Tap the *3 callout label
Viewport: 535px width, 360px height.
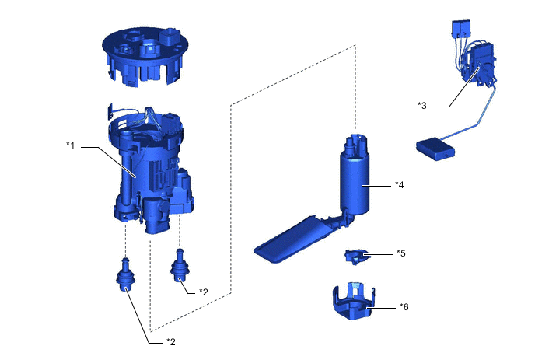[x=422, y=105]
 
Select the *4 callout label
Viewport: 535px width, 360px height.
[x=400, y=185]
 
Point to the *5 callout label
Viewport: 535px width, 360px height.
[x=400, y=253]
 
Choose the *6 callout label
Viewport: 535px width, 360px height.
[x=404, y=307]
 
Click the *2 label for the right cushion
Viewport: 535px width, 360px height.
[x=204, y=292]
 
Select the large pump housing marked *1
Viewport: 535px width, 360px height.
[x=152, y=167]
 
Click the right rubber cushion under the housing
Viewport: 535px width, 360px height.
[x=180, y=269]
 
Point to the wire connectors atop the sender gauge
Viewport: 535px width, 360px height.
[x=459, y=30]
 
